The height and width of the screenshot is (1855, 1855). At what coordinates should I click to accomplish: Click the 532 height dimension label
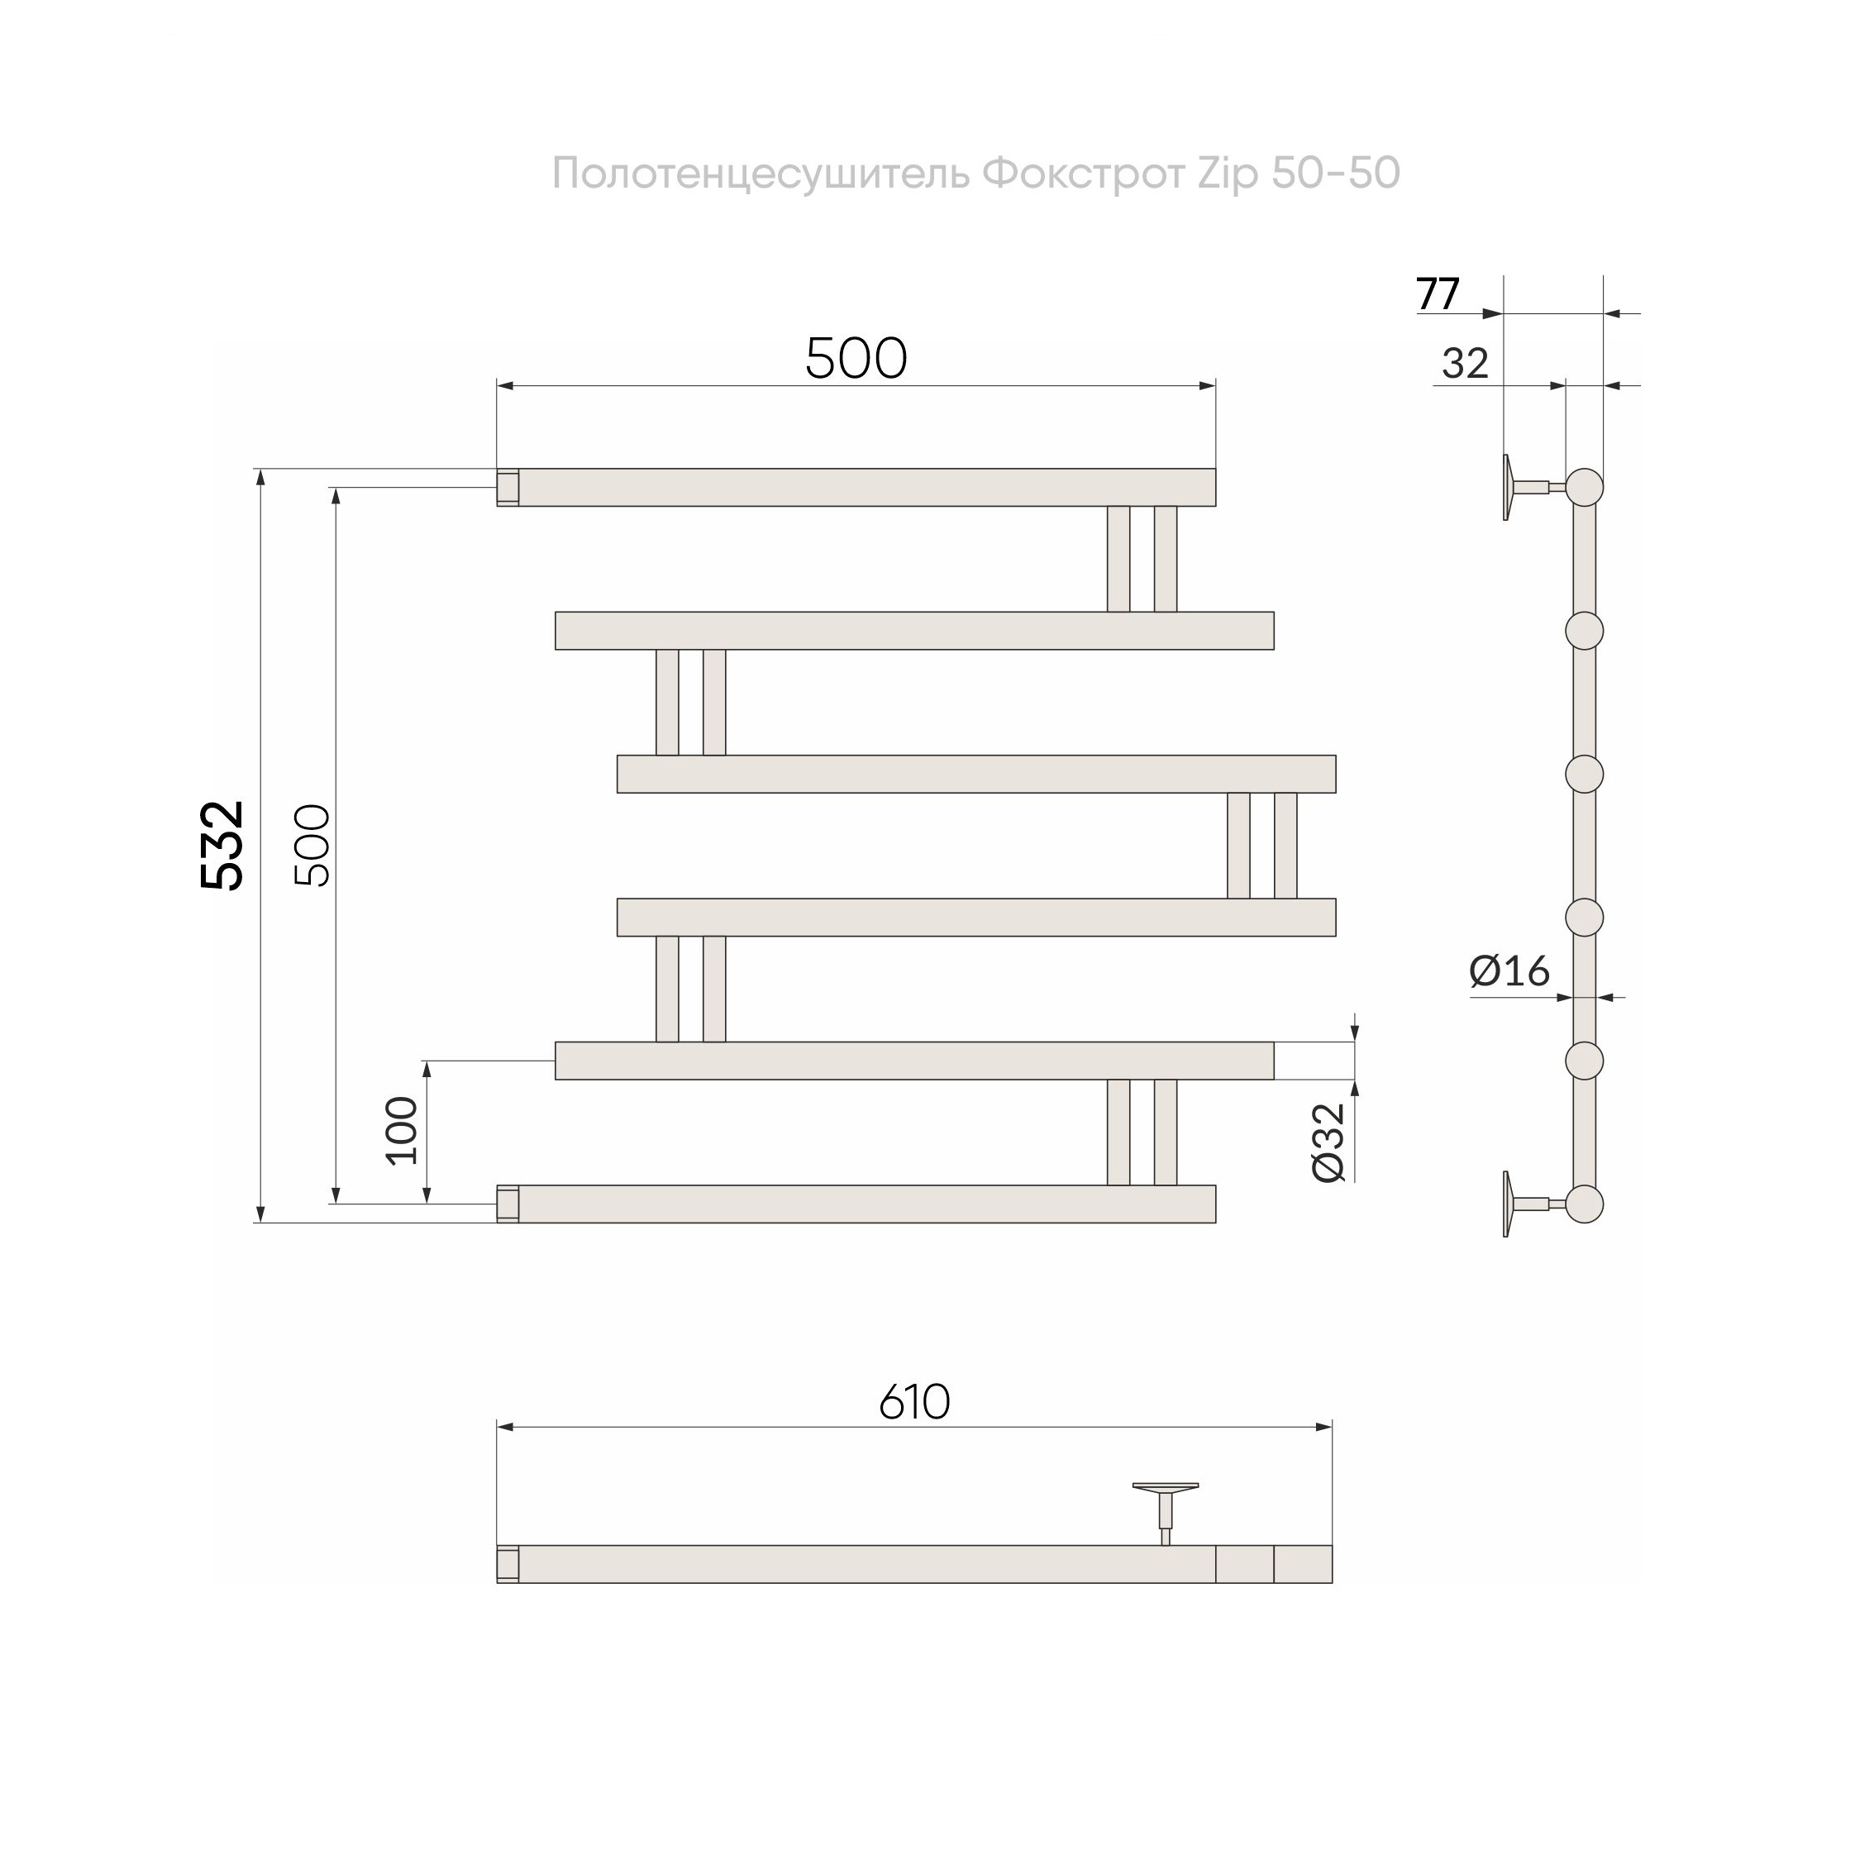tap(222, 846)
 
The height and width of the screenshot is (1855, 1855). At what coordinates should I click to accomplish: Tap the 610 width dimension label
tap(915, 1403)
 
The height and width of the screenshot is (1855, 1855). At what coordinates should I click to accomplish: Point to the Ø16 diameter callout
tap(1509, 971)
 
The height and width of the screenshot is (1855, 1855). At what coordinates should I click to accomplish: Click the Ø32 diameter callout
tap(1330, 1142)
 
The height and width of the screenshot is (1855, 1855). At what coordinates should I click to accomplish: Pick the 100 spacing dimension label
tap(403, 1131)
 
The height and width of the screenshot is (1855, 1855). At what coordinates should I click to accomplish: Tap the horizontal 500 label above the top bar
tap(856, 359)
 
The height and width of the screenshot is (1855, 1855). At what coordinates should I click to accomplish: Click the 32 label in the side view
tap(1465, 364)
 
